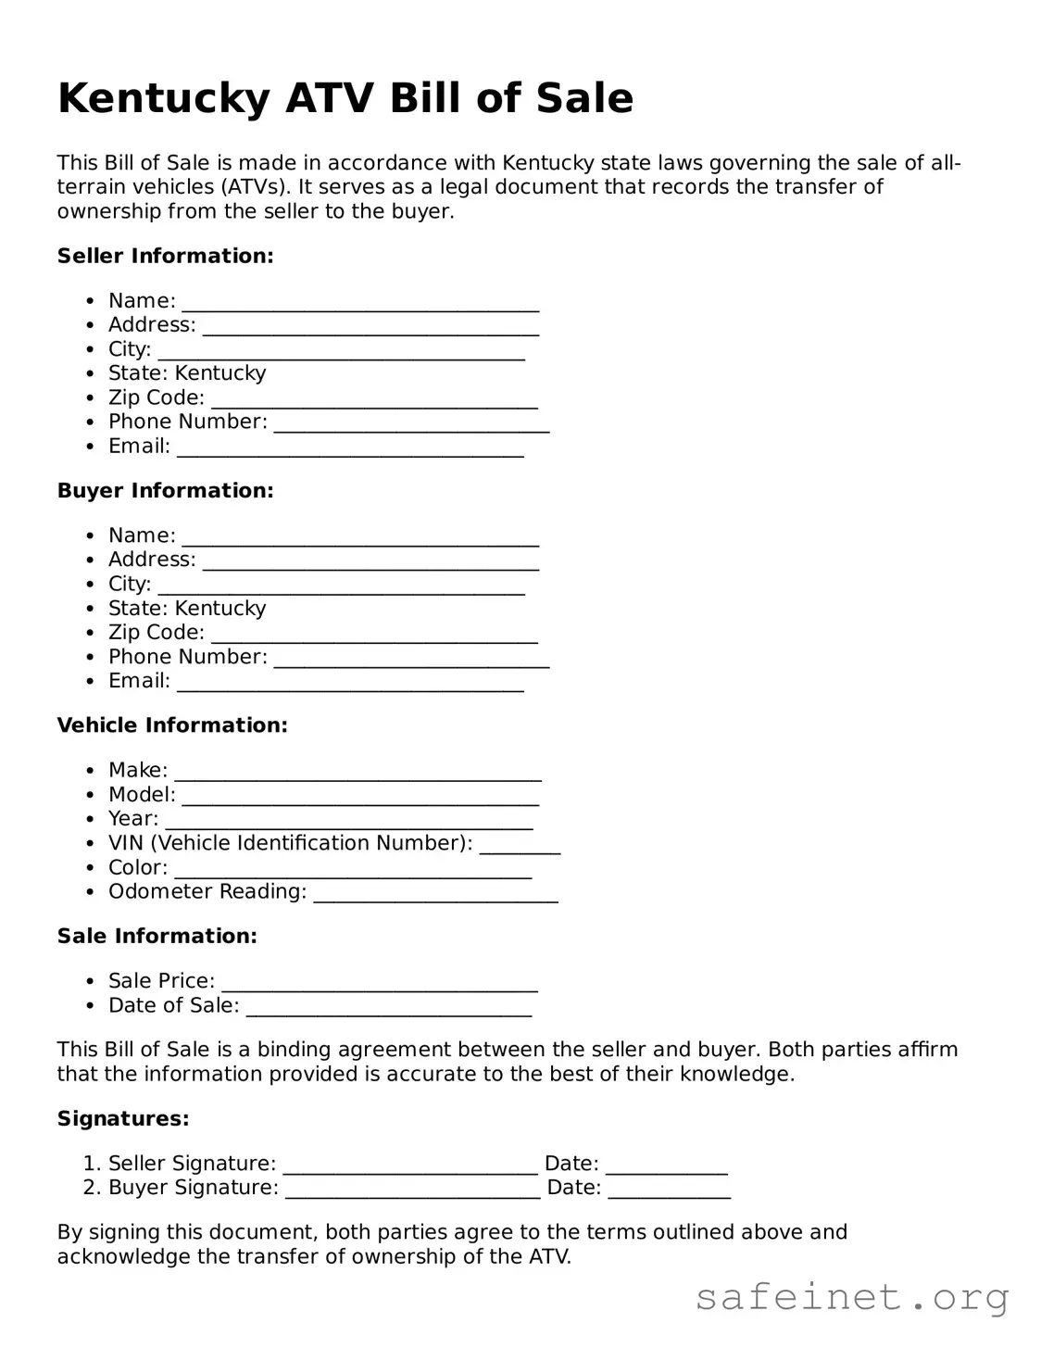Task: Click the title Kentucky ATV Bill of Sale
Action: click(x=345, y=98)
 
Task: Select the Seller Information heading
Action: click(x=165, y=256)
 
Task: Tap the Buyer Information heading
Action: click(x=165, y=490)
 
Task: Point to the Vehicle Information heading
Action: click(x=172, y=725)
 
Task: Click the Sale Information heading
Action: click(x=157, y=936)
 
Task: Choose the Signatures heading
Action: click(x=123, y=1118)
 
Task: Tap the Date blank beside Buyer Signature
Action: click(x=669, y=1191)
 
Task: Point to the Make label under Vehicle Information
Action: click(x=138, y=770)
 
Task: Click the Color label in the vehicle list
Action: click(x=138, y=867)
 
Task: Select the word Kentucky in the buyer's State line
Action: click(x=220, y=608)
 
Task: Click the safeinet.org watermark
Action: click(x=851, y=1297)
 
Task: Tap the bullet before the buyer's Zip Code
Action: click(x=89, y=633)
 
